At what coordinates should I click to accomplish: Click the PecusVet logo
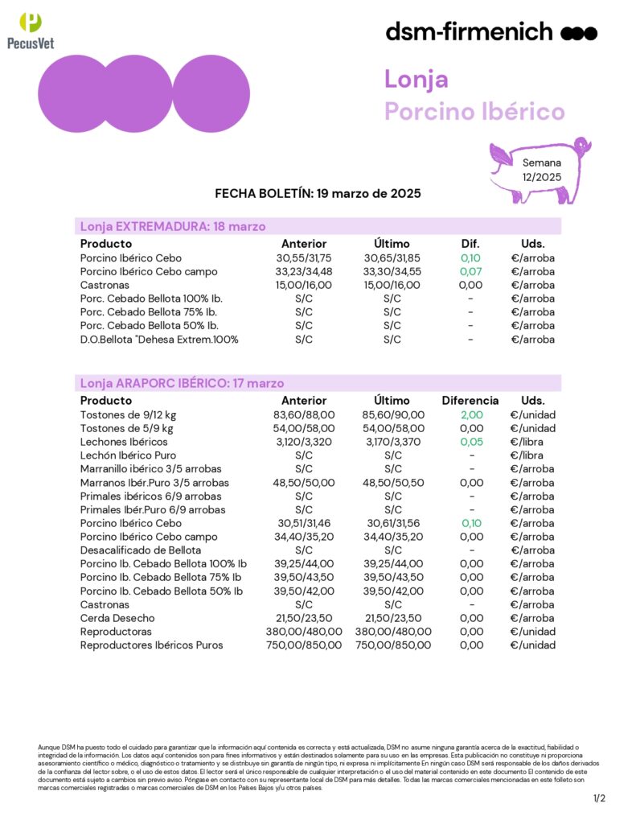tap(31, 31)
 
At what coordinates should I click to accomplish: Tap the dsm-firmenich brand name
tap(469, 31)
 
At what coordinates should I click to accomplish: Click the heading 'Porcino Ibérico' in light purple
tap(474, 111)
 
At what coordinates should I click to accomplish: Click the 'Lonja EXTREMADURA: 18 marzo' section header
tap(173, 226)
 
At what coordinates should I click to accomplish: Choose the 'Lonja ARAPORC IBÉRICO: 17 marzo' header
tap(182, 383)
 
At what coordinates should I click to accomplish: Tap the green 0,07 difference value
tap(470, 272)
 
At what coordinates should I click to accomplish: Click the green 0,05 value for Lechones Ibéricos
tap(470, 442)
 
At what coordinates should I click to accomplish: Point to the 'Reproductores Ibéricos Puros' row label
tap(152, 645)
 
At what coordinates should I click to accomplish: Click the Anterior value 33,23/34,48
tap(304, 272)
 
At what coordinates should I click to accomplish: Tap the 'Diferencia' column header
tap(470, 400)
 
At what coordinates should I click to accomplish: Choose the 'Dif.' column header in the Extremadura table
tap(470, 244)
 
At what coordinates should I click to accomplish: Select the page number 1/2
tap(599, 798)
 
